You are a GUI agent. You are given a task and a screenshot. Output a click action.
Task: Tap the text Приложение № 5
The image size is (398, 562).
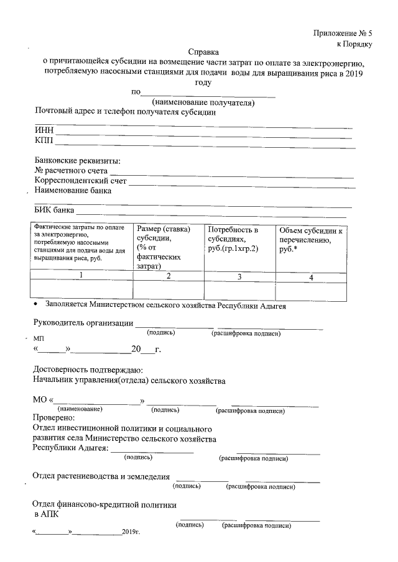tap(341, 32)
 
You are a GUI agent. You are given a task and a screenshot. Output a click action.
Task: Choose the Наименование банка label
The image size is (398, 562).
tap(73, 191)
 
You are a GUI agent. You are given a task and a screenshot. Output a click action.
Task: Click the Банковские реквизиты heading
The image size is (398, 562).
tap(77, 160)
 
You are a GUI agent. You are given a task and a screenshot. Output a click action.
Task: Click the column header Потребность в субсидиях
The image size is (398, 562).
tap(234, 239)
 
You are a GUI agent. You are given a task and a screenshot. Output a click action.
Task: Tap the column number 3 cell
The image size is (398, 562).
tap(239, 277)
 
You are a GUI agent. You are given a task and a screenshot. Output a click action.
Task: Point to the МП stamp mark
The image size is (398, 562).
tap(39, 337)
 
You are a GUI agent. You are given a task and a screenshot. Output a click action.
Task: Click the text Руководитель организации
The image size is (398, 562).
tap(83, 323)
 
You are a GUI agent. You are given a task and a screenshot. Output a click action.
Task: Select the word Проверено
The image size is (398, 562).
tap(53, 418)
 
